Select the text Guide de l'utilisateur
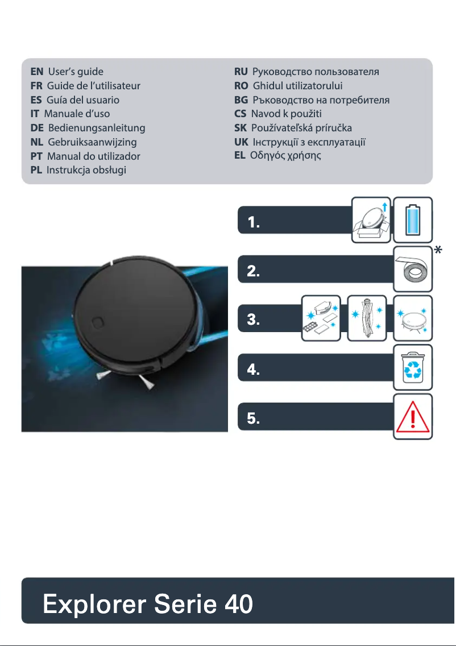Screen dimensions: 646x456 click(x=93, y=86)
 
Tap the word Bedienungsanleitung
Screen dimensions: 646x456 click(x=97, y=128)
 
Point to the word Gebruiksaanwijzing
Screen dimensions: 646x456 click(x=93, y=142)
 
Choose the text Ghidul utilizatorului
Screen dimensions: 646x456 click(x=297, y=86)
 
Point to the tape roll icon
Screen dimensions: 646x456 click(x=413, y=265)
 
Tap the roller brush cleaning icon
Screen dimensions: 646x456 click(x=366, y=319)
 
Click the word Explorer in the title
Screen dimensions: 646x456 click(x=93, y=604)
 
